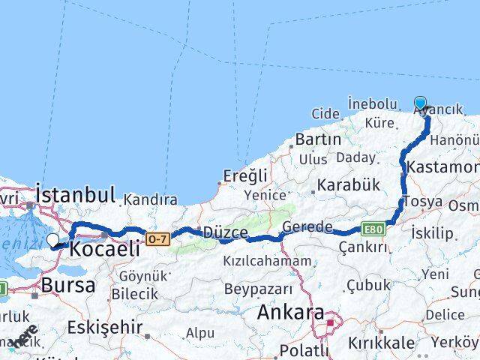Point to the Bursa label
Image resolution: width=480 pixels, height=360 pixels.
click(x=68, y=285)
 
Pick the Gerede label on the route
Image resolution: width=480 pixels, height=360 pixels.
click(x=307, y=227)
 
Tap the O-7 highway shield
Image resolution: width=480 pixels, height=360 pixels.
click(x=157, y=239)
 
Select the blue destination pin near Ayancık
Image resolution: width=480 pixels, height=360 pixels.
click(x=420, y=104)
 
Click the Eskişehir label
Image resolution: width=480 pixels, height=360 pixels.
click(x=104, y=327)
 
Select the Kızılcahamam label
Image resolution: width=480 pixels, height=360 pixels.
click(x=266, y=261)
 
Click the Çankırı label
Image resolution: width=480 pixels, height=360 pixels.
click(x=363, y=247)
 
